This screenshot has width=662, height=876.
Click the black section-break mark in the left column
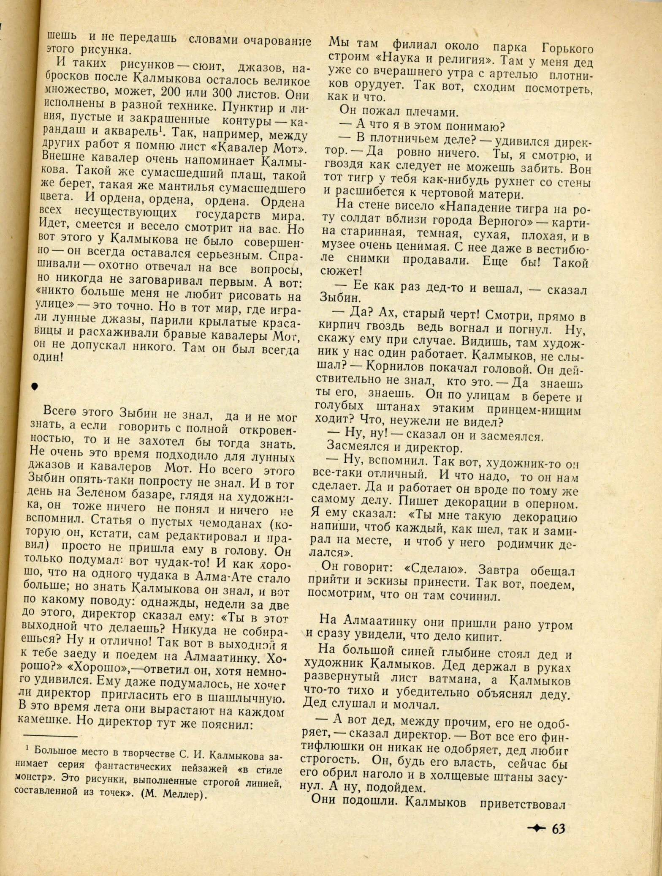(x=35, y=386)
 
